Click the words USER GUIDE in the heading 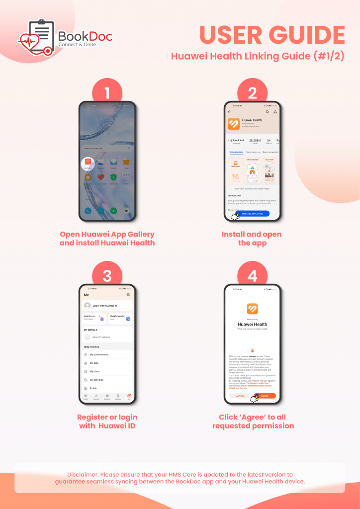click(272, 35)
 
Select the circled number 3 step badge click(107, 274)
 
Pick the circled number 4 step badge click(252, 274)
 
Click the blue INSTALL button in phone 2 click(253, 213)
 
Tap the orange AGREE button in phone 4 click(265, 396)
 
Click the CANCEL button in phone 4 click(240, 396)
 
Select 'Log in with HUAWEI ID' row click(107, 306)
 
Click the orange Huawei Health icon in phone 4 click(252, 309)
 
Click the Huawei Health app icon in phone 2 click(234, 124)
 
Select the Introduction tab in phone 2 click(237, 152)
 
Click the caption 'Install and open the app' click(252, 239)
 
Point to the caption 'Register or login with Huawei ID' click(107, 422)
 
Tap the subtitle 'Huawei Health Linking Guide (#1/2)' click(258, 56)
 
